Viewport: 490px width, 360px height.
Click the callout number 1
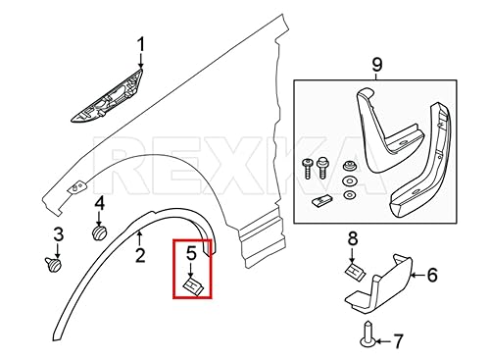[139, 45]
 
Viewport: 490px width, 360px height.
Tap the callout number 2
[139, 257]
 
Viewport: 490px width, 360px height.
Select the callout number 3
[58, 235]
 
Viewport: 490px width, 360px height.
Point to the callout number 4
[98, 204]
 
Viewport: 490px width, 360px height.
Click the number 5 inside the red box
[192, 254]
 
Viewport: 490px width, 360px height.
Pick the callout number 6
[430, 278]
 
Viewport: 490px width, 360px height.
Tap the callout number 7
[397, 340]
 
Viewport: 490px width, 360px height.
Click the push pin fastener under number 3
[54, 262]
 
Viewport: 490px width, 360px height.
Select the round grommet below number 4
[98, 233]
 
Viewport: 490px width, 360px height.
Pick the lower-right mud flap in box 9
[427, 172]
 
